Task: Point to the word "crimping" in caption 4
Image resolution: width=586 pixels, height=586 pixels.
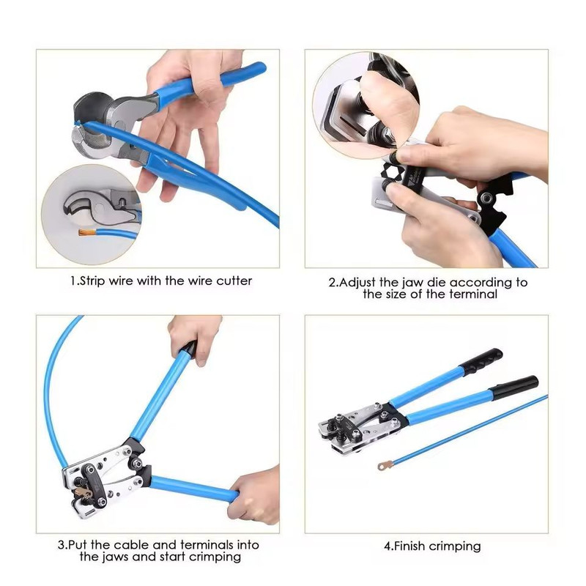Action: tap(455, 546)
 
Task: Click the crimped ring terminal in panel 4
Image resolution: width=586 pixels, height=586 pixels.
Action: tap(382, 465)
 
